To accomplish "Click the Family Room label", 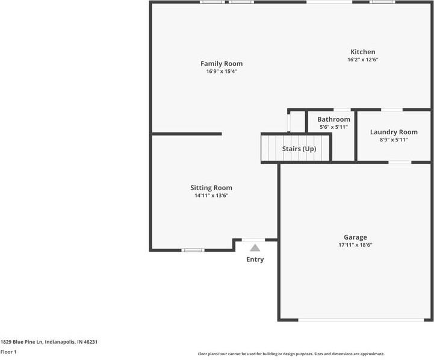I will click(222, 64).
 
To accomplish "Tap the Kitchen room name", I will click(362, 52).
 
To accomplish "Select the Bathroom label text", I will click(333, 119).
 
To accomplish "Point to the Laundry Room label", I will click(394, 132).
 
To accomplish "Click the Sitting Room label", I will click(211, 188).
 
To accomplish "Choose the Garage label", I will click(355, 237).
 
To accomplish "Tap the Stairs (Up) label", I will click(299, 149).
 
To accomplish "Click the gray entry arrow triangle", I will click(255, 247).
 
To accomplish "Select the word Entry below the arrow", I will click(255, 259).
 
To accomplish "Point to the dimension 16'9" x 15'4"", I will click(222, 72).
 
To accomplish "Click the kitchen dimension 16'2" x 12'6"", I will click(362, 60).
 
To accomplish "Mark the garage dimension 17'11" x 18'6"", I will click(355, 245).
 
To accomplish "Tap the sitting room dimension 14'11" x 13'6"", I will click(211, 196).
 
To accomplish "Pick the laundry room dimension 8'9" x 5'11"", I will click(394, 140).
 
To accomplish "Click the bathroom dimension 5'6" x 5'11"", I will click(333, 127).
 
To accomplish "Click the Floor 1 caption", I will click(8, 352).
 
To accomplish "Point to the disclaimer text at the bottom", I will click(291, 354).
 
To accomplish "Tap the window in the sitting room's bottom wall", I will click(193, 250).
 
